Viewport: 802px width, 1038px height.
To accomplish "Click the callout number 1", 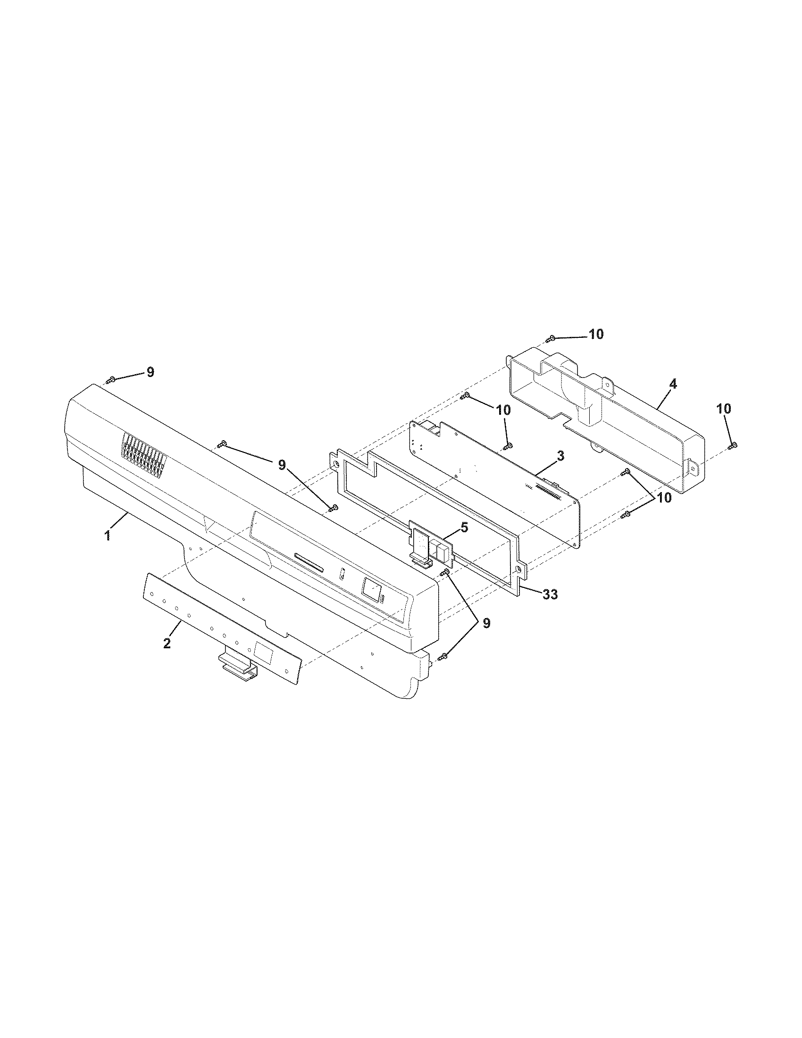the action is pyautogui.click(x=108, y=535).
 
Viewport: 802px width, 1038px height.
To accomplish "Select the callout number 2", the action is pyautogui.click(x=167, y=643).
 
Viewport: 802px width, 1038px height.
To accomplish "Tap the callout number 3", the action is pyautogui.click(x=560, y=456).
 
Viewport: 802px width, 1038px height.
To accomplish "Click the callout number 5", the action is pyautogui.click(x=464, y=527).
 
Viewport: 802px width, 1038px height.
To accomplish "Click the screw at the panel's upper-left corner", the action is pyautogui.click(x=110, y=380).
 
